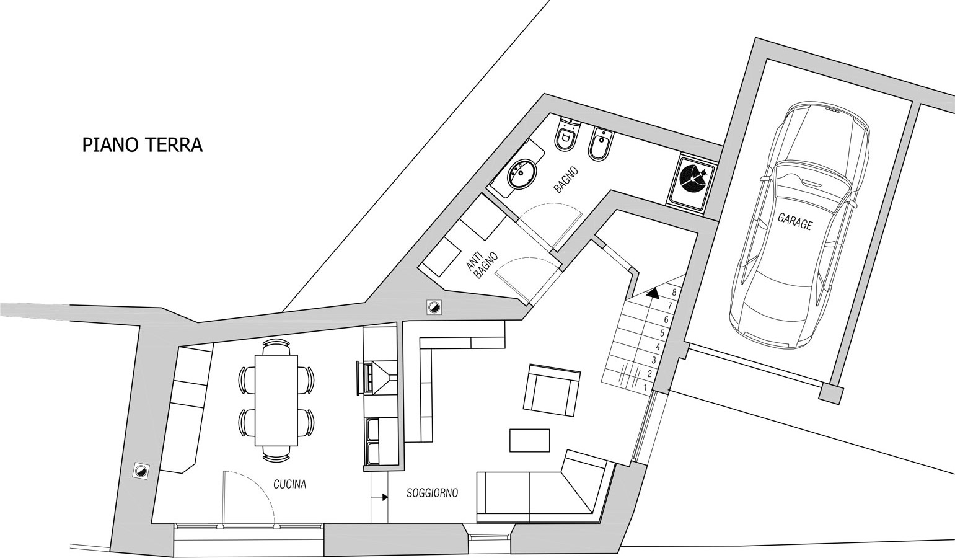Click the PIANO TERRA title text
142,145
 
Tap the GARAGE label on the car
795,221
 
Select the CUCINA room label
290,484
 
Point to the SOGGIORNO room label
433,493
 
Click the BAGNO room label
566,180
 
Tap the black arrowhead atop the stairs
653,292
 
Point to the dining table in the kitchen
276,400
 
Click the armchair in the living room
552,390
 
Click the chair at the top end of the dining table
276,347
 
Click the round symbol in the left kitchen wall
140,471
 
